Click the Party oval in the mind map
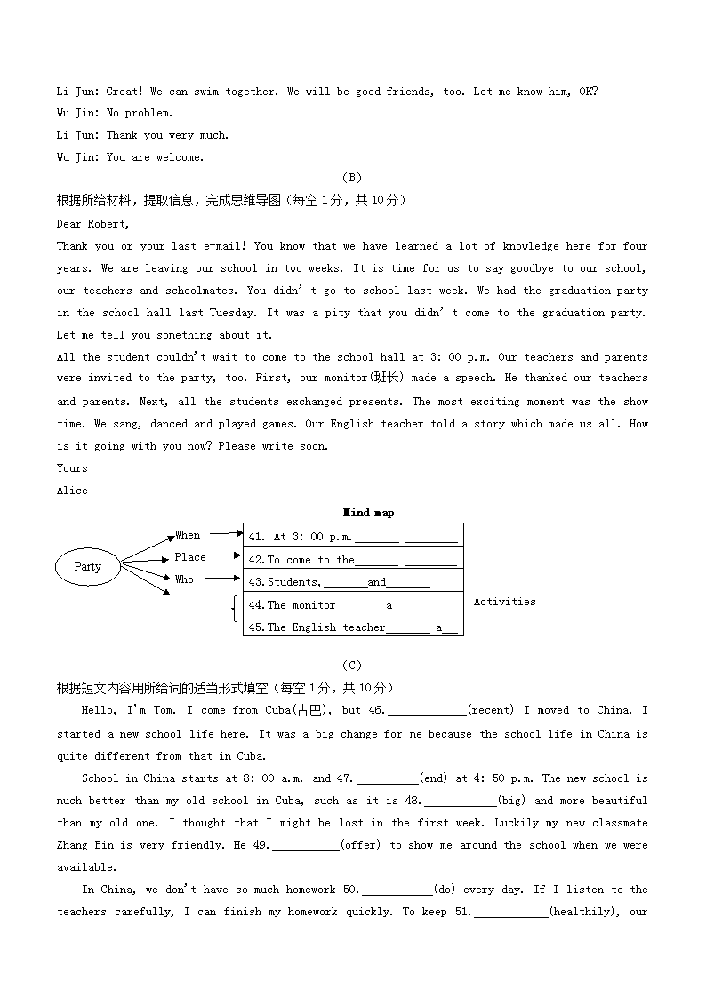coord(88,566)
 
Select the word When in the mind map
coord(188,535)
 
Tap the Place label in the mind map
coord(189,557)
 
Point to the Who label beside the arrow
coord(184,579)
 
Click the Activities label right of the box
coord(504,602)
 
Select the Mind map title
coord(368,513)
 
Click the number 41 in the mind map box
coord(256,537)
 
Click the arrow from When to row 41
coord(226,534)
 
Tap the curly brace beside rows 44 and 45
coord(234,610)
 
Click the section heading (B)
coord(352,178)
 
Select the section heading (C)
coord(352,666)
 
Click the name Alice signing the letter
coord(72,491)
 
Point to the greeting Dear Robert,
coord(92,224)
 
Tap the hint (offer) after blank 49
coord(360,845)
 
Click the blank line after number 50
coord(397,890)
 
